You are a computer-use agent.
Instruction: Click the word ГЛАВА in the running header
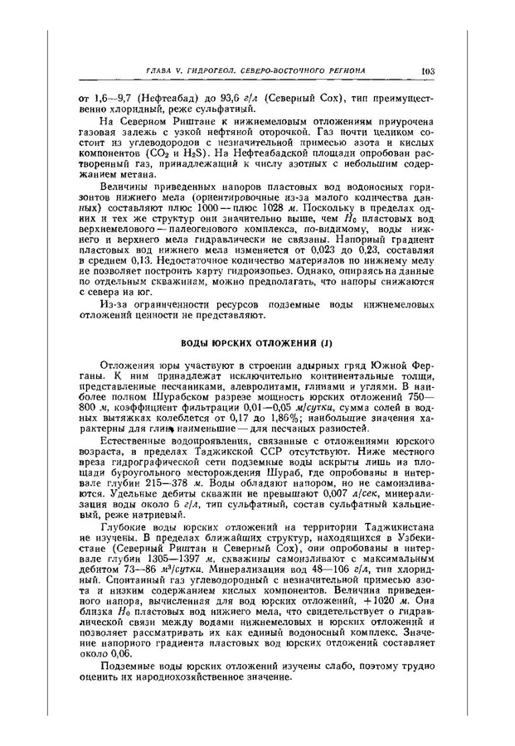click(x=160, y=72)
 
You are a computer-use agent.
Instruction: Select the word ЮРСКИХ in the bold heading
click(x=235, y=341)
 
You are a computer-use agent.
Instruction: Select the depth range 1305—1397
click(x=198, y=571)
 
